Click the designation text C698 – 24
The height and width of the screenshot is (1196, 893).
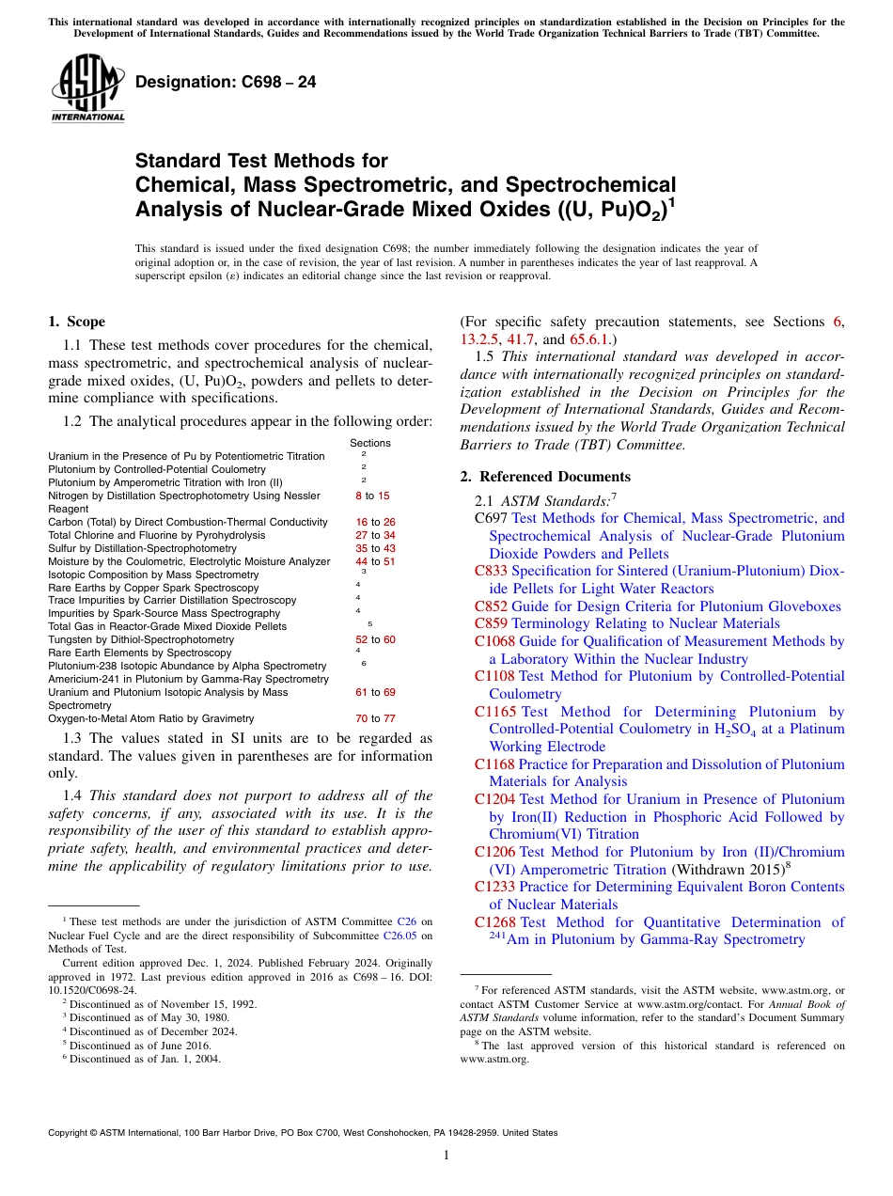coord(226,83)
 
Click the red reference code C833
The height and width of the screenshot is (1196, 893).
coord(492,571)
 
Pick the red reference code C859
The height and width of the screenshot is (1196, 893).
coord(492,623)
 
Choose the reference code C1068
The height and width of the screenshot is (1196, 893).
coord(495,641)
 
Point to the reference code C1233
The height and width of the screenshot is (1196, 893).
coord(495,887)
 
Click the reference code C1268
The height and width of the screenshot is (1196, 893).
coord(495,922)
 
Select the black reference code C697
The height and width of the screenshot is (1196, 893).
coord(492,518)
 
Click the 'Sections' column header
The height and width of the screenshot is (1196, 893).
coord(370,443)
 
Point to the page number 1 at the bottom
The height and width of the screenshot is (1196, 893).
coord(446,1155)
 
